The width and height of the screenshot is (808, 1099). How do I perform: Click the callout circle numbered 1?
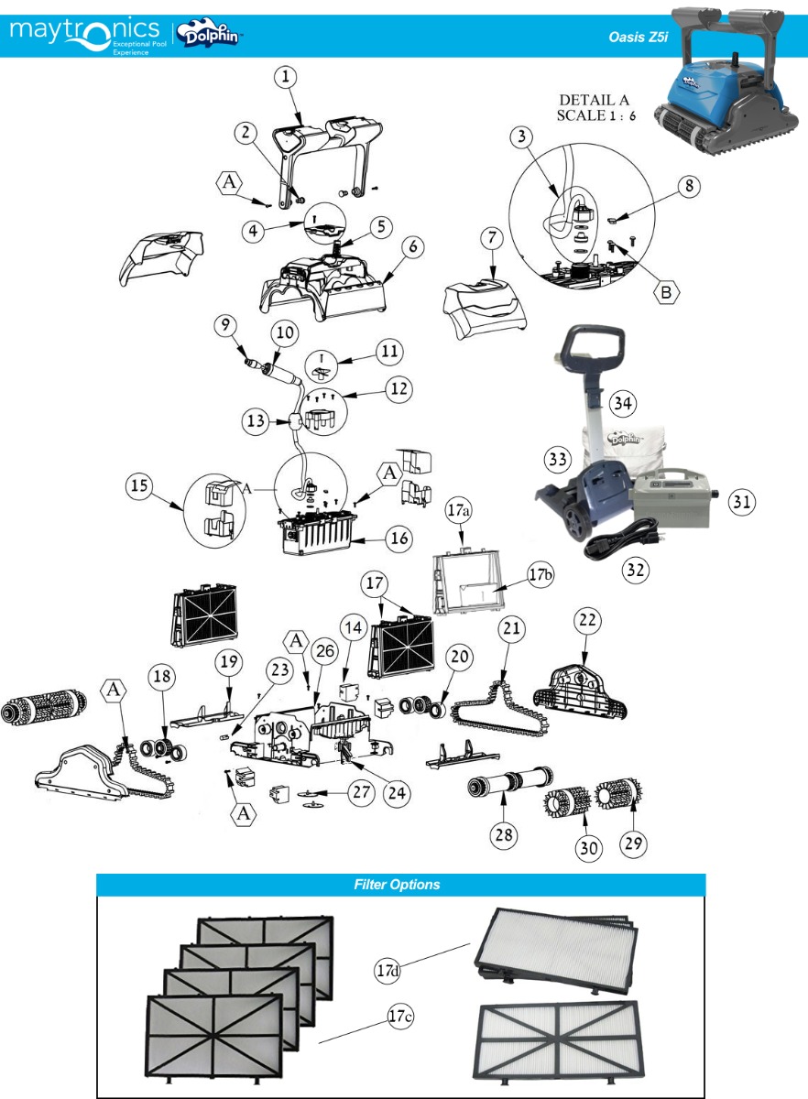click(x=287, y=79)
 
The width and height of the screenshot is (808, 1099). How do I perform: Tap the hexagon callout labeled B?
click(x=668, y=294)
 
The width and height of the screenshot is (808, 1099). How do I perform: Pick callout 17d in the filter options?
click(x=387, y=967)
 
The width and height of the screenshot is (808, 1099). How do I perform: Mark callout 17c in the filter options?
click(x=399, y=1017)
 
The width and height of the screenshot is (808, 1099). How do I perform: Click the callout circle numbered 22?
click(x=585, y=620)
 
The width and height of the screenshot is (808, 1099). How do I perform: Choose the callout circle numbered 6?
click(x=414, y=248)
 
